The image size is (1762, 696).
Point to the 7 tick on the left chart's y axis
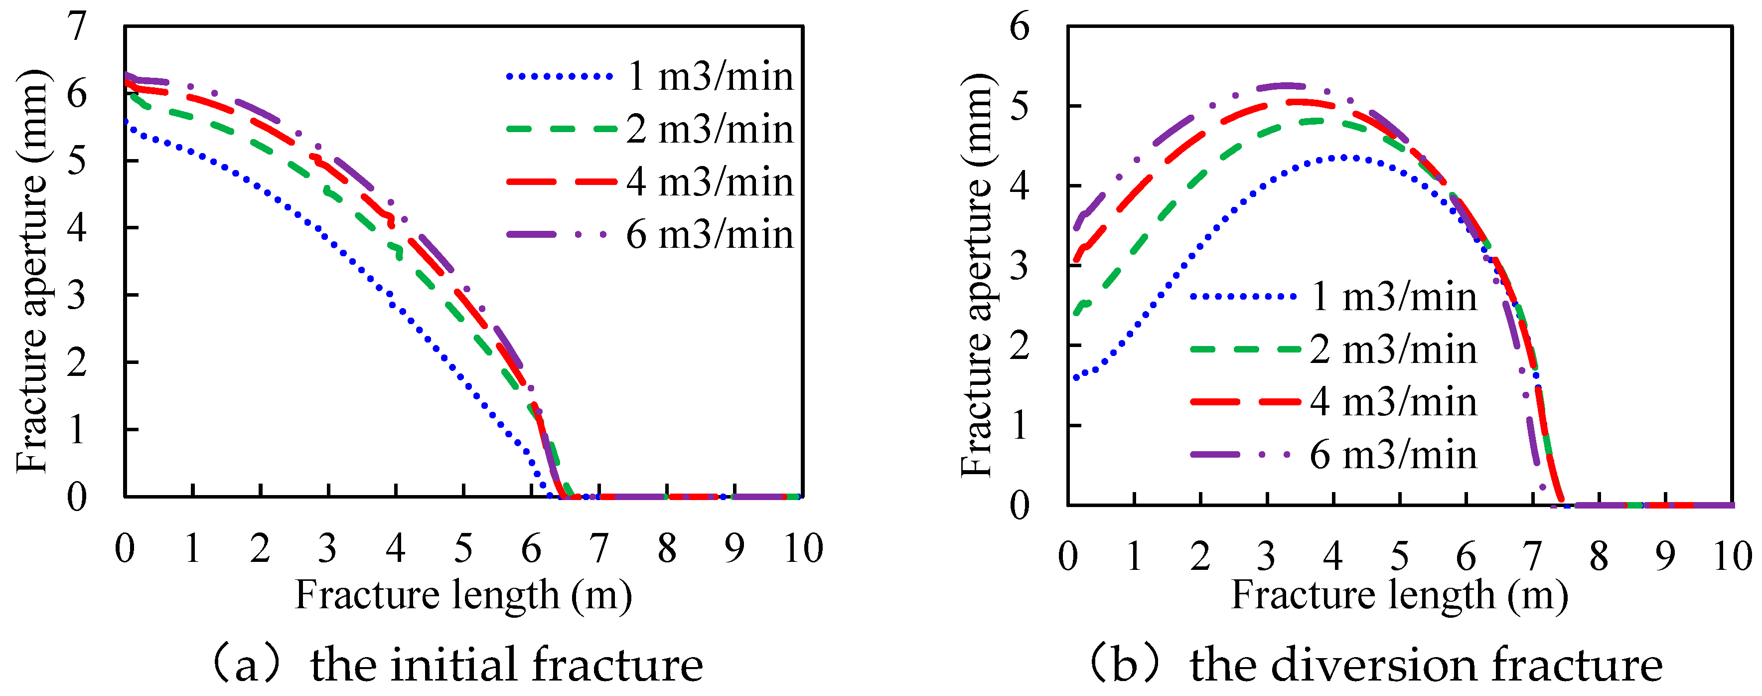pyautogui.click(x=77, y=27)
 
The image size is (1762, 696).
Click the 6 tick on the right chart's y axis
pyautogui.click(x=1019, y=27)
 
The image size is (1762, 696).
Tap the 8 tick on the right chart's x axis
pyautogui.click(x=1599, y=557)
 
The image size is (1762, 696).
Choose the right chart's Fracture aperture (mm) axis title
pyautogui.click(x=976, y=274)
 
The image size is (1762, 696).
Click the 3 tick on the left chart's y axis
pyautogui.click(x=77, y=296)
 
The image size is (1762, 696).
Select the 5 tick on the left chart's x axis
pyautogui.click(x=463, y=548)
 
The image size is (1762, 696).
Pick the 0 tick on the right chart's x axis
pyautogui.click(x=1068, y=557)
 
